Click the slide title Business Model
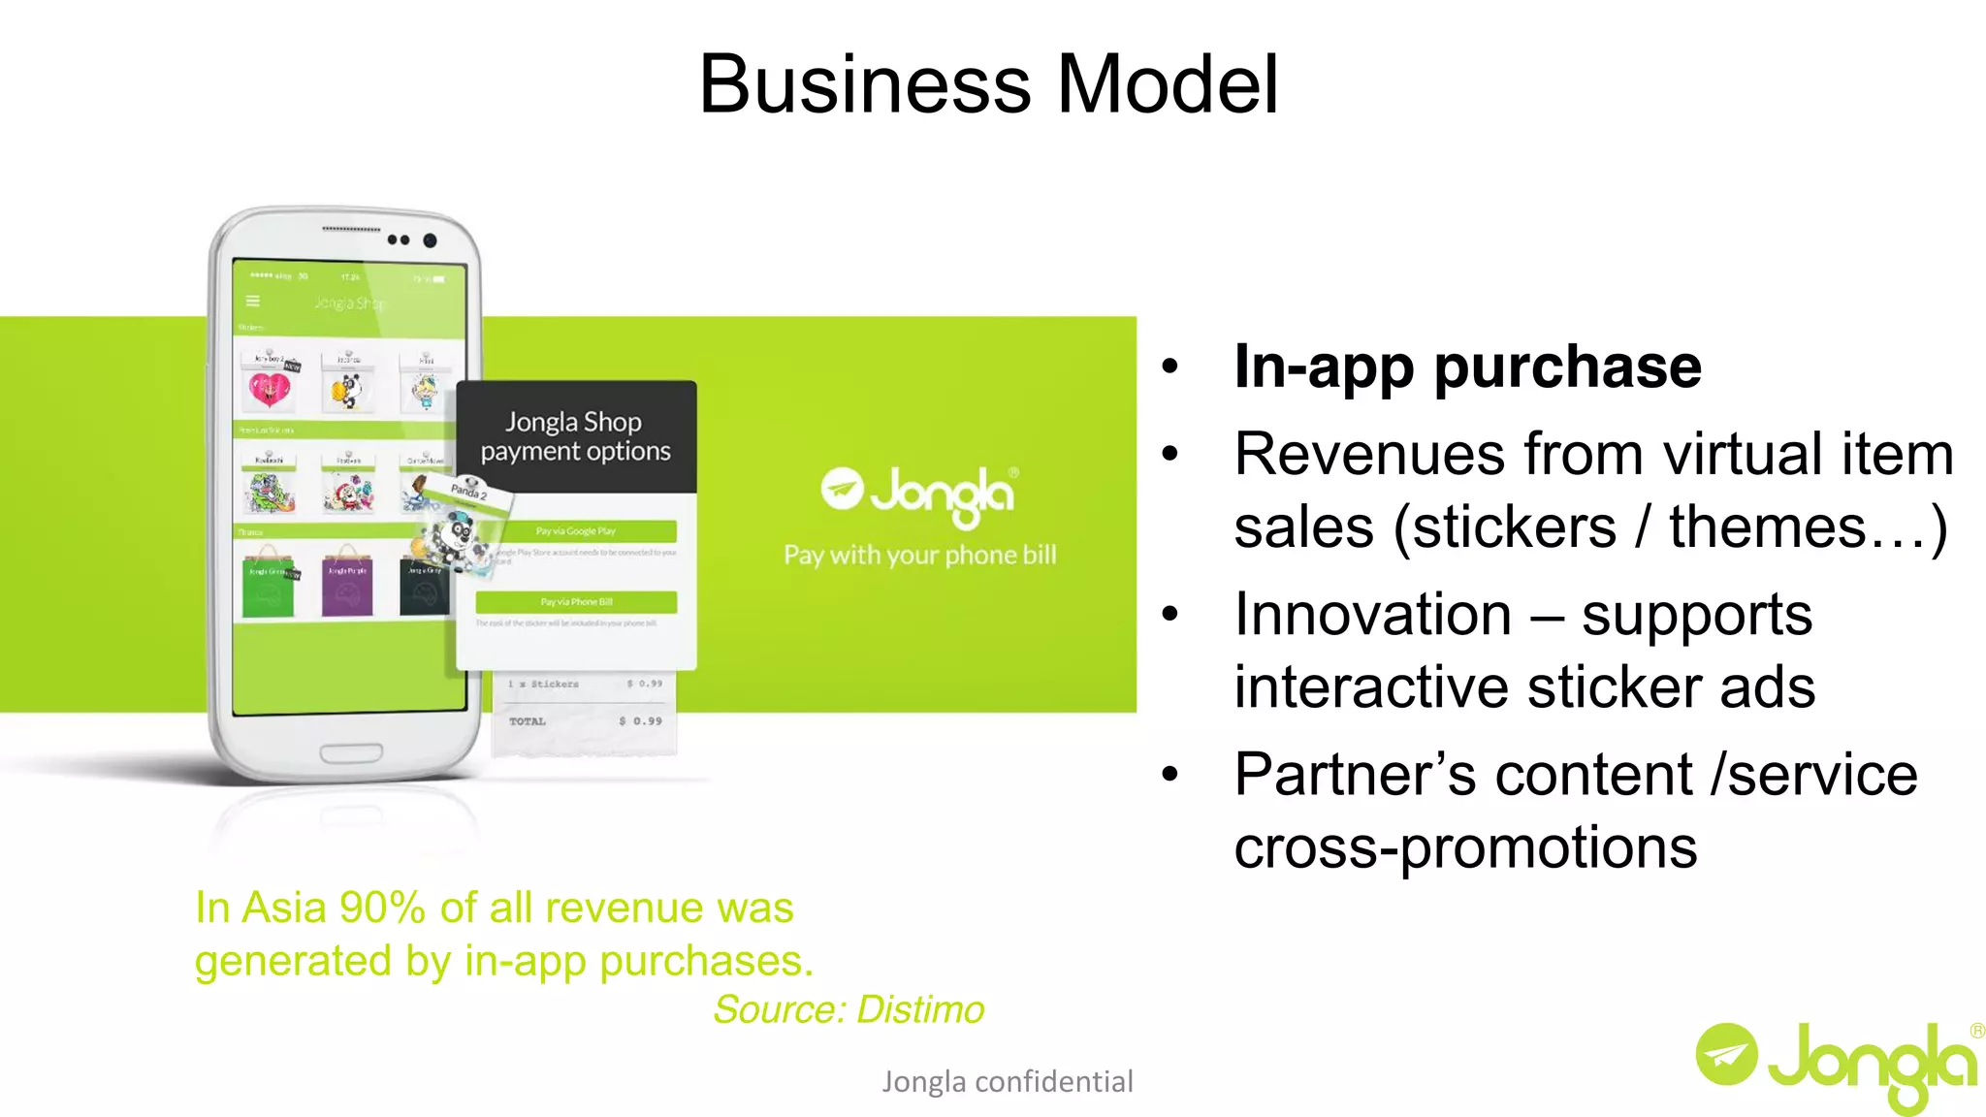point(988,85)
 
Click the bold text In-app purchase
point(1467,367)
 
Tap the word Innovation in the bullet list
point(1372,615)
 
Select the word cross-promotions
point(1465,847)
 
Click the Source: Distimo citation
point(849,1009)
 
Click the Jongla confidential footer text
point(1007,1081)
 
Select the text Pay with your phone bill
point(919,556)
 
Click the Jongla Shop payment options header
point(575,436)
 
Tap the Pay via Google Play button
point(576,531)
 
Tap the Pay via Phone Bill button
point(576,602)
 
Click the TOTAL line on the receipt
point(585,721)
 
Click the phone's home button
point(351,752)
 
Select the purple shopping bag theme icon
point(347,585)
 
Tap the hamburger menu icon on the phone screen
point(253,301)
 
